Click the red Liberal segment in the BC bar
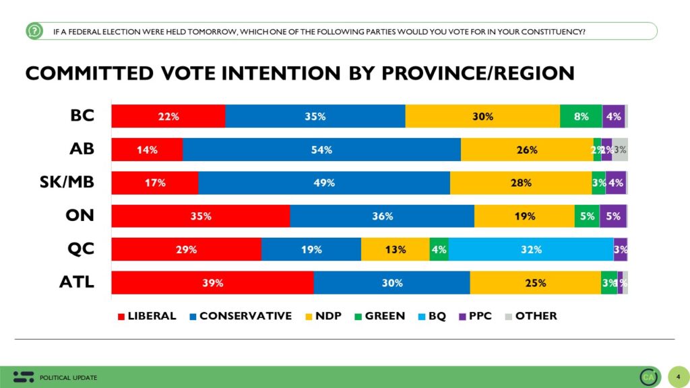pos(168,117)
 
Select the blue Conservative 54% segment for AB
pos(321,150)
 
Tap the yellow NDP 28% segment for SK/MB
pos(521,183)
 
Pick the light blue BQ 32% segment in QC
pos(531,249)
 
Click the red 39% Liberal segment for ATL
pos(212,283)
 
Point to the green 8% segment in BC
pos(581,117)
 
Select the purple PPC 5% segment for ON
pos(613,216)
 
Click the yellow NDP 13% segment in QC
pos(395,249)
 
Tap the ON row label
pos(80,216)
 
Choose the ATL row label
pos(77,282)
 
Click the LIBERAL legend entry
pos(146,315)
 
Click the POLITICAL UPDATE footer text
pos(68,377)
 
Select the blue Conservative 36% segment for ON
pos(382,216)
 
